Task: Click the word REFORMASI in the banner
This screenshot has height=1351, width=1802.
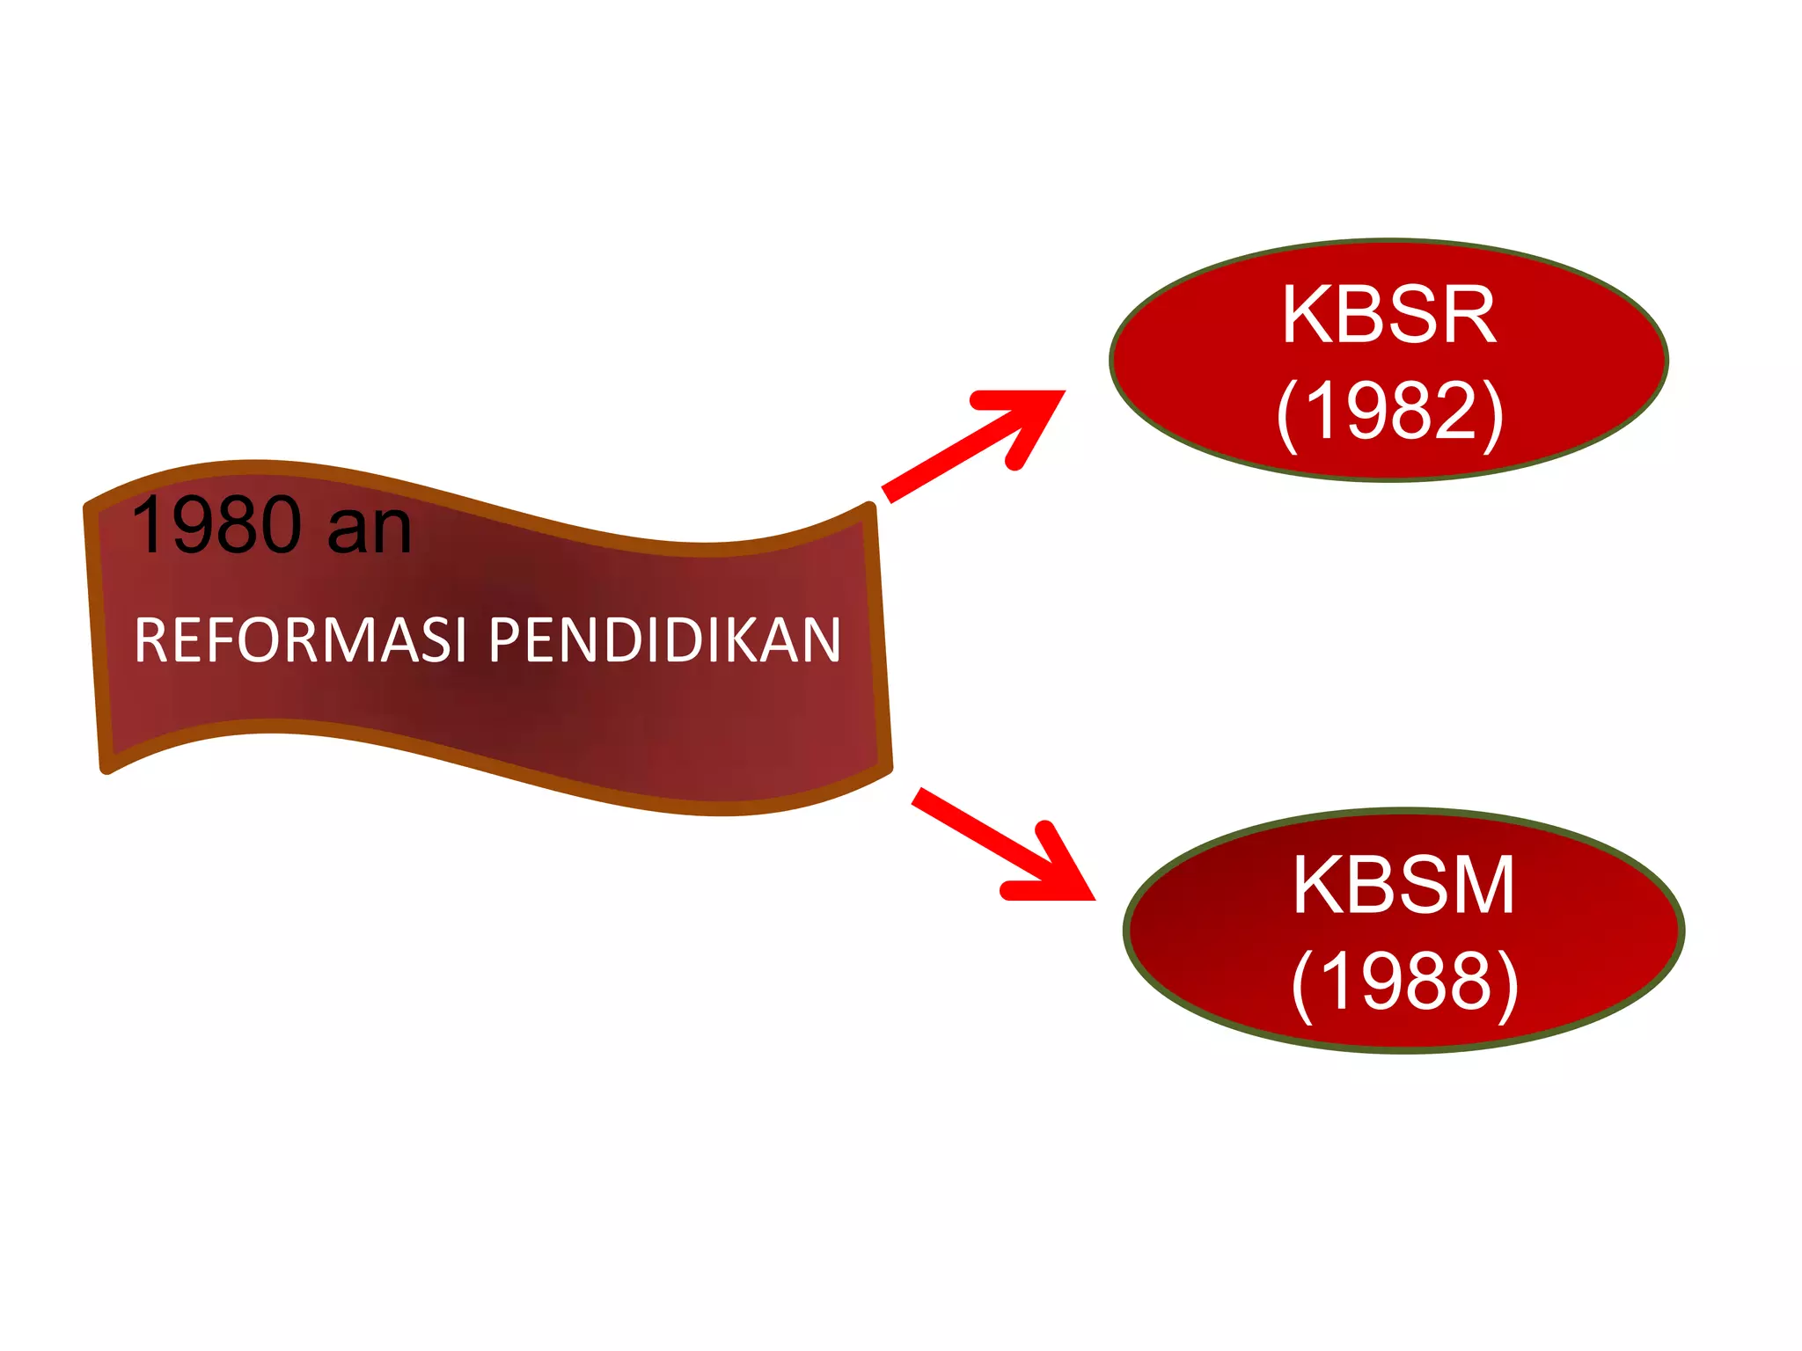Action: pyautogui.click(x=300, y=639)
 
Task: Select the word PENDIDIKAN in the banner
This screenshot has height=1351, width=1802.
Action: pyautogui.click(x=664, y=639)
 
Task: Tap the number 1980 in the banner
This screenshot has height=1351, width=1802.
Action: pyautogui.click(x=216, y=525)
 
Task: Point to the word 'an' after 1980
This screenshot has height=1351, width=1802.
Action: pyautogui.click(x=369, y=529)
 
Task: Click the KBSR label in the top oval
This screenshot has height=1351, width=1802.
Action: pyautogui.click(x=1388, y=315)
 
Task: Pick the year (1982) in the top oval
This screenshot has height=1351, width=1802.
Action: pyautogui.click(x=1390, y=411)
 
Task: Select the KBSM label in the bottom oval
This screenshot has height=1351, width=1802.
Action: pyautogui.click(x=1403, y=885)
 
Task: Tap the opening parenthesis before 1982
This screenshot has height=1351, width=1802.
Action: pyautogui.click(x=1287, y=413)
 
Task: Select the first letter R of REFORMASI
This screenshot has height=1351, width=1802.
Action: pyautogui.click(x=151, y=639)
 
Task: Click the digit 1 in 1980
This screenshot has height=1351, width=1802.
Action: pyautogui.click(x=148, y=525)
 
